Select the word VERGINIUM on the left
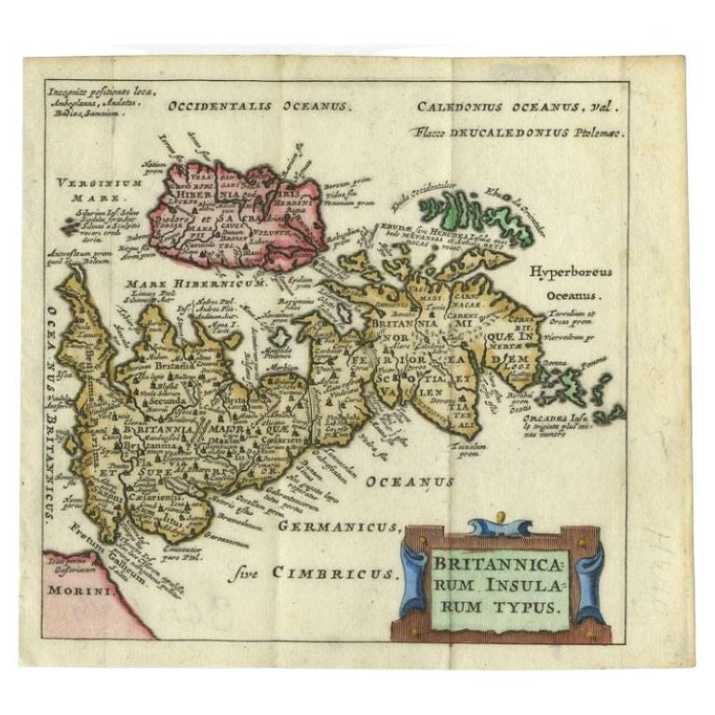pos(86,182)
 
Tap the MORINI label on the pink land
pos(75,590)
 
